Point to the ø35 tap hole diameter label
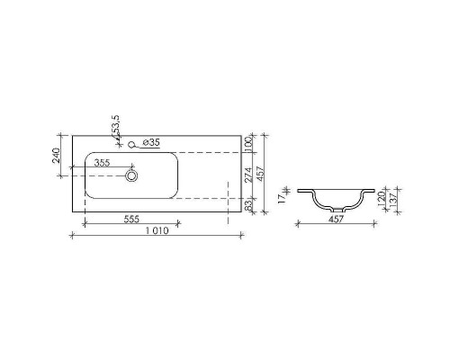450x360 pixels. (151, 142)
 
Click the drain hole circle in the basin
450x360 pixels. (132, 175)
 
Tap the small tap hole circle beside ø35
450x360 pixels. (132, 142)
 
